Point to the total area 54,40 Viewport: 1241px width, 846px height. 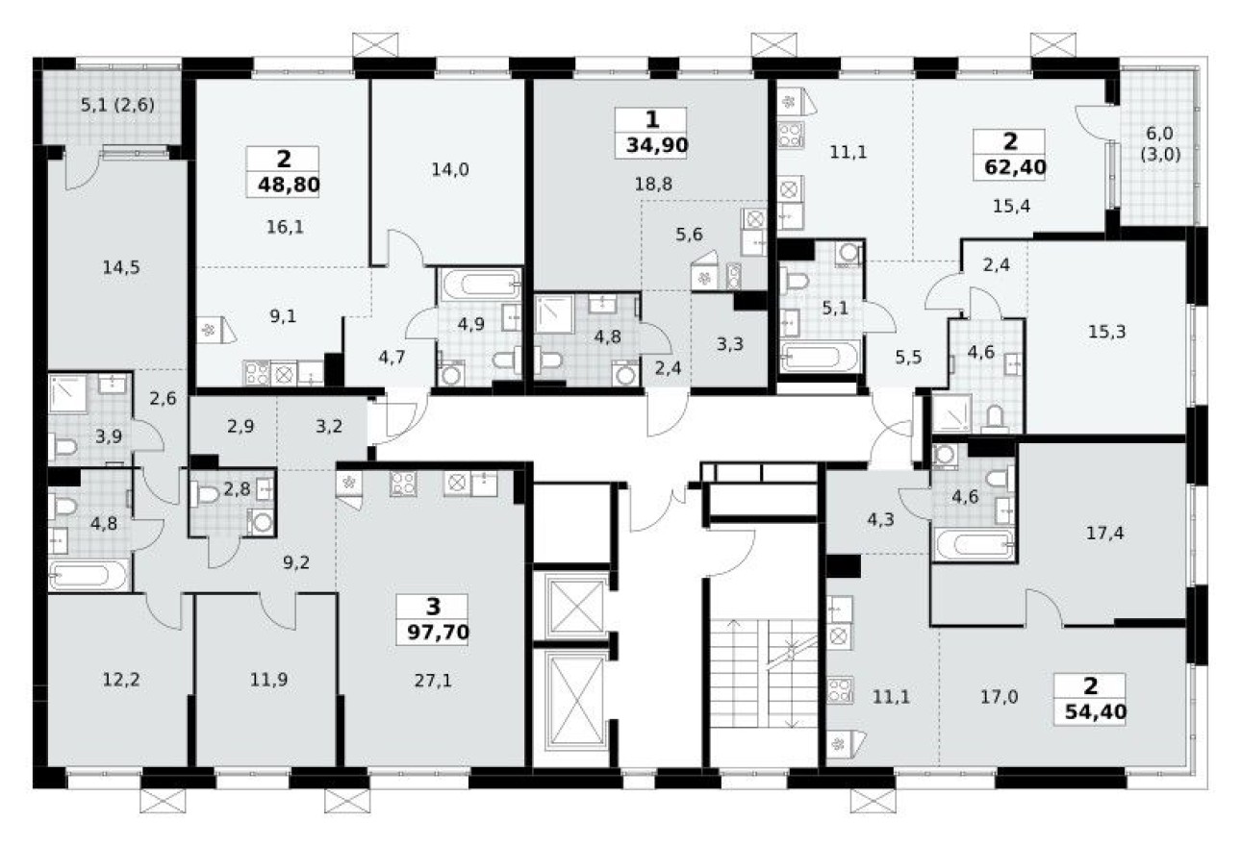[x=1091, y=711]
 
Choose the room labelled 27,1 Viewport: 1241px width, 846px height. [x=433, y=680]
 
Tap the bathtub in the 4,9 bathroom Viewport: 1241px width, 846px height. [x=478, y=286]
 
